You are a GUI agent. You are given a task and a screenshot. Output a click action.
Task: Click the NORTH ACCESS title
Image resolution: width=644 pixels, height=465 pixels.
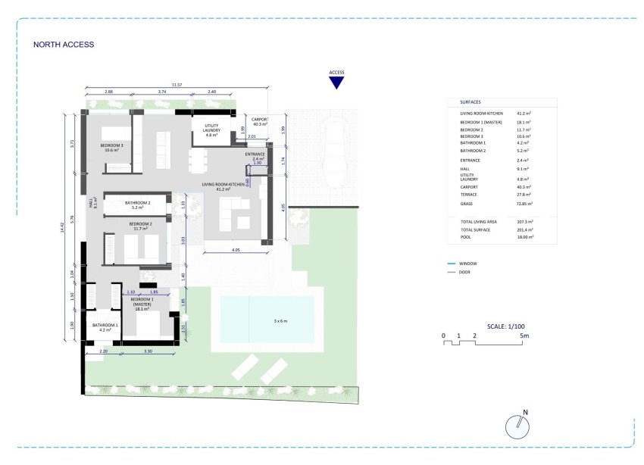64,45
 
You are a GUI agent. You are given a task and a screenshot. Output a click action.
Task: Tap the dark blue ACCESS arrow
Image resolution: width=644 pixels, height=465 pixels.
336,83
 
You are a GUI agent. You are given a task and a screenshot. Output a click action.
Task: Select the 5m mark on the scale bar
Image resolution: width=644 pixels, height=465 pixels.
524,335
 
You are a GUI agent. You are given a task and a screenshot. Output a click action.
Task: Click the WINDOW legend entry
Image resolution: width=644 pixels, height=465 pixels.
468,263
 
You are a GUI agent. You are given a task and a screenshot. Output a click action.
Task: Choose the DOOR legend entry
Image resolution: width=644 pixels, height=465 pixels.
464,272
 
